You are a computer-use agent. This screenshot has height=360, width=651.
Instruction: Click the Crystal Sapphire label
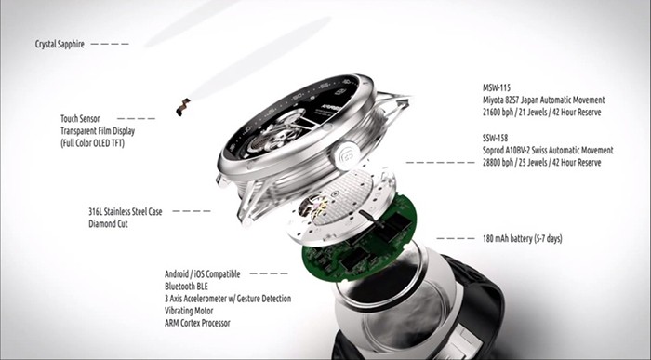[60, 43]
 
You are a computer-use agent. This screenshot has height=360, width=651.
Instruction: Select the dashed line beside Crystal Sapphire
[111, 43]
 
